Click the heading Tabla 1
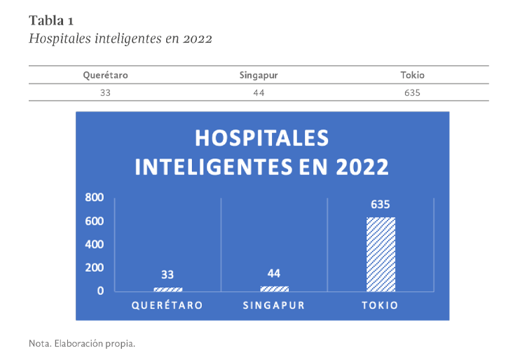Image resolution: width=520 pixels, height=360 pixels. click(x=51, y=20)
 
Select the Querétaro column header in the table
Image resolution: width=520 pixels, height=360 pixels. click(x=105, y=75)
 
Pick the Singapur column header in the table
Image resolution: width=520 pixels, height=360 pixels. click(x=259, y=75)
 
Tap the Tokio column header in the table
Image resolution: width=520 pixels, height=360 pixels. click(x=412, y=75)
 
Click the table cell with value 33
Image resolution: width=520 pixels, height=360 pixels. click(x=105, y=92)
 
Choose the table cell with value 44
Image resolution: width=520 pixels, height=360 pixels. click(x=259, y=92)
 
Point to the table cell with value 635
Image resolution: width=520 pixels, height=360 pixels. click(x=412, y=92)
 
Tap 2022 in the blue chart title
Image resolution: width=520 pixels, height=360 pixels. click(x=362, y=167)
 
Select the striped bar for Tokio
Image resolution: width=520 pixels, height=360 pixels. click(x=381, y=254)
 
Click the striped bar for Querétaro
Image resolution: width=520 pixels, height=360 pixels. click(x=167, y=289)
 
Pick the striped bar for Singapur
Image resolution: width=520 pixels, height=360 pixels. click(x=274, y=288)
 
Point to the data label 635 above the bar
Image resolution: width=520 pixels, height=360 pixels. click(x=380, y=205)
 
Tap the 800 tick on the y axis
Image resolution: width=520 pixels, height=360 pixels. click(x=95, y=198)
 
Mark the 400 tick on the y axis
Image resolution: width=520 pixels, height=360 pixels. click(x=95, y=244)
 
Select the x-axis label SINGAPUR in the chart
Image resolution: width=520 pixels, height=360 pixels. click(x=274, y=305)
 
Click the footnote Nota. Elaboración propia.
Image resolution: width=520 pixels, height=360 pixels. click(x=81, y=344)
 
